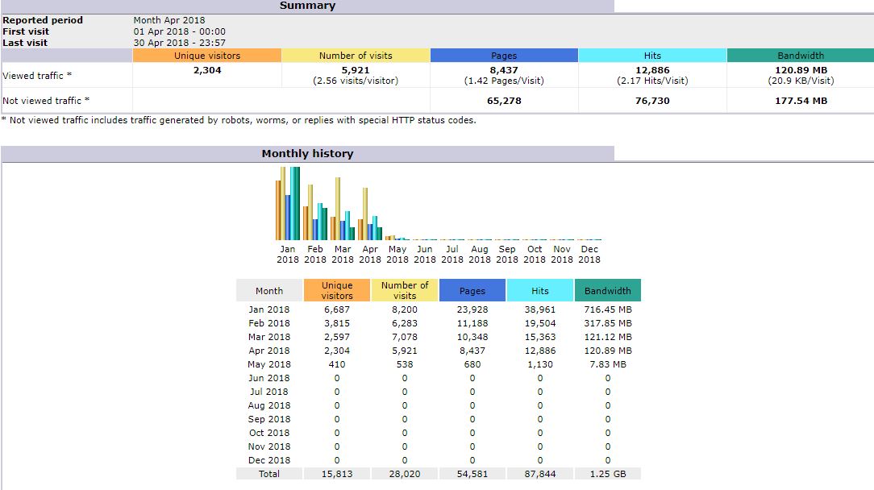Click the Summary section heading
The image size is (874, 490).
[307, 6]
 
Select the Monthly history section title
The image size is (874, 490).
[307, 153]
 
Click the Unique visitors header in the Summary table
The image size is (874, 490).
[207, 56]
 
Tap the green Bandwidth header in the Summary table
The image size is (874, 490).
[800, 56]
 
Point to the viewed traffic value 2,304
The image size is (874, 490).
[207, 70]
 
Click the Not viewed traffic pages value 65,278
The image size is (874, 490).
[504, 101]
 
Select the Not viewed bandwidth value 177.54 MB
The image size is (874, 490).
[800, 101]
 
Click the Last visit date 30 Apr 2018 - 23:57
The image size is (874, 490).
[180, 43]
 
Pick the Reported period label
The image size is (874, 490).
[43, 20]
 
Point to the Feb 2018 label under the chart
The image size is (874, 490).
[315, 254]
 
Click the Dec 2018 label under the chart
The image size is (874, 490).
[589, 254]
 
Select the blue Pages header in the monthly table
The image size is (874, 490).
[472, 290]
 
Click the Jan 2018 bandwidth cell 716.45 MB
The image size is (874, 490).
[608, 309]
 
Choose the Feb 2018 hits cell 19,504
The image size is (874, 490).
[540, 323]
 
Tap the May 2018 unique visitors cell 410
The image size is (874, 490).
[337, 364]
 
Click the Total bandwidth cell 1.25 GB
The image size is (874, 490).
[608, 474]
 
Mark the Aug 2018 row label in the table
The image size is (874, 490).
[269, 405]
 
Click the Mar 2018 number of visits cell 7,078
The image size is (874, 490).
[405, 337]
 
